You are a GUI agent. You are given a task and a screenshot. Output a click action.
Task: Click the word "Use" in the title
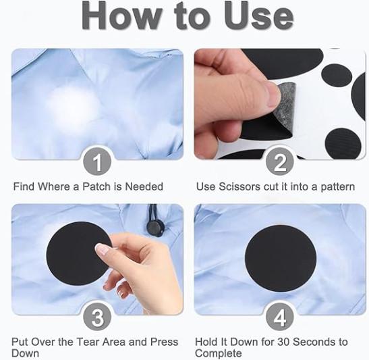[258, 16]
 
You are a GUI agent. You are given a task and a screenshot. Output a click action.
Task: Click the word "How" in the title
[121, 16]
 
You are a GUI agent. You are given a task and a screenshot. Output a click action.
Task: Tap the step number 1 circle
[97, 161]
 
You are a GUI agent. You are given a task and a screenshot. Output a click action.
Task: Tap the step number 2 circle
[279, 161]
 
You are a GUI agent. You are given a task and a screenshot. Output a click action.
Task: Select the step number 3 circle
[97, 317]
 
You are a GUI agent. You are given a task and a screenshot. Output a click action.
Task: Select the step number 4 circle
[279, 317]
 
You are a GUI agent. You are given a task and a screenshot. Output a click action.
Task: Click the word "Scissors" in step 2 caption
[239, 186]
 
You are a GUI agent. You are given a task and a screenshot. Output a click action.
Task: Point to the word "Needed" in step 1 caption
[144, 186]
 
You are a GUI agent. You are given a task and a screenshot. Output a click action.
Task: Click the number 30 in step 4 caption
[284, 342]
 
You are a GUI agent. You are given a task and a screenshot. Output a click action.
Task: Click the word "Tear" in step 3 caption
[88, 342]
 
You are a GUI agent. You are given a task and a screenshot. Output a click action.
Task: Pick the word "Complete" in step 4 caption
[219, 354]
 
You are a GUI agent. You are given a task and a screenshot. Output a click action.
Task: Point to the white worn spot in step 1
[73, 103]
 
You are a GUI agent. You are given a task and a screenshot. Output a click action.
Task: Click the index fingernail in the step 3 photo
[102, 249]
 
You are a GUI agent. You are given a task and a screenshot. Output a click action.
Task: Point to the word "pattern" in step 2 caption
[338, 187]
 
